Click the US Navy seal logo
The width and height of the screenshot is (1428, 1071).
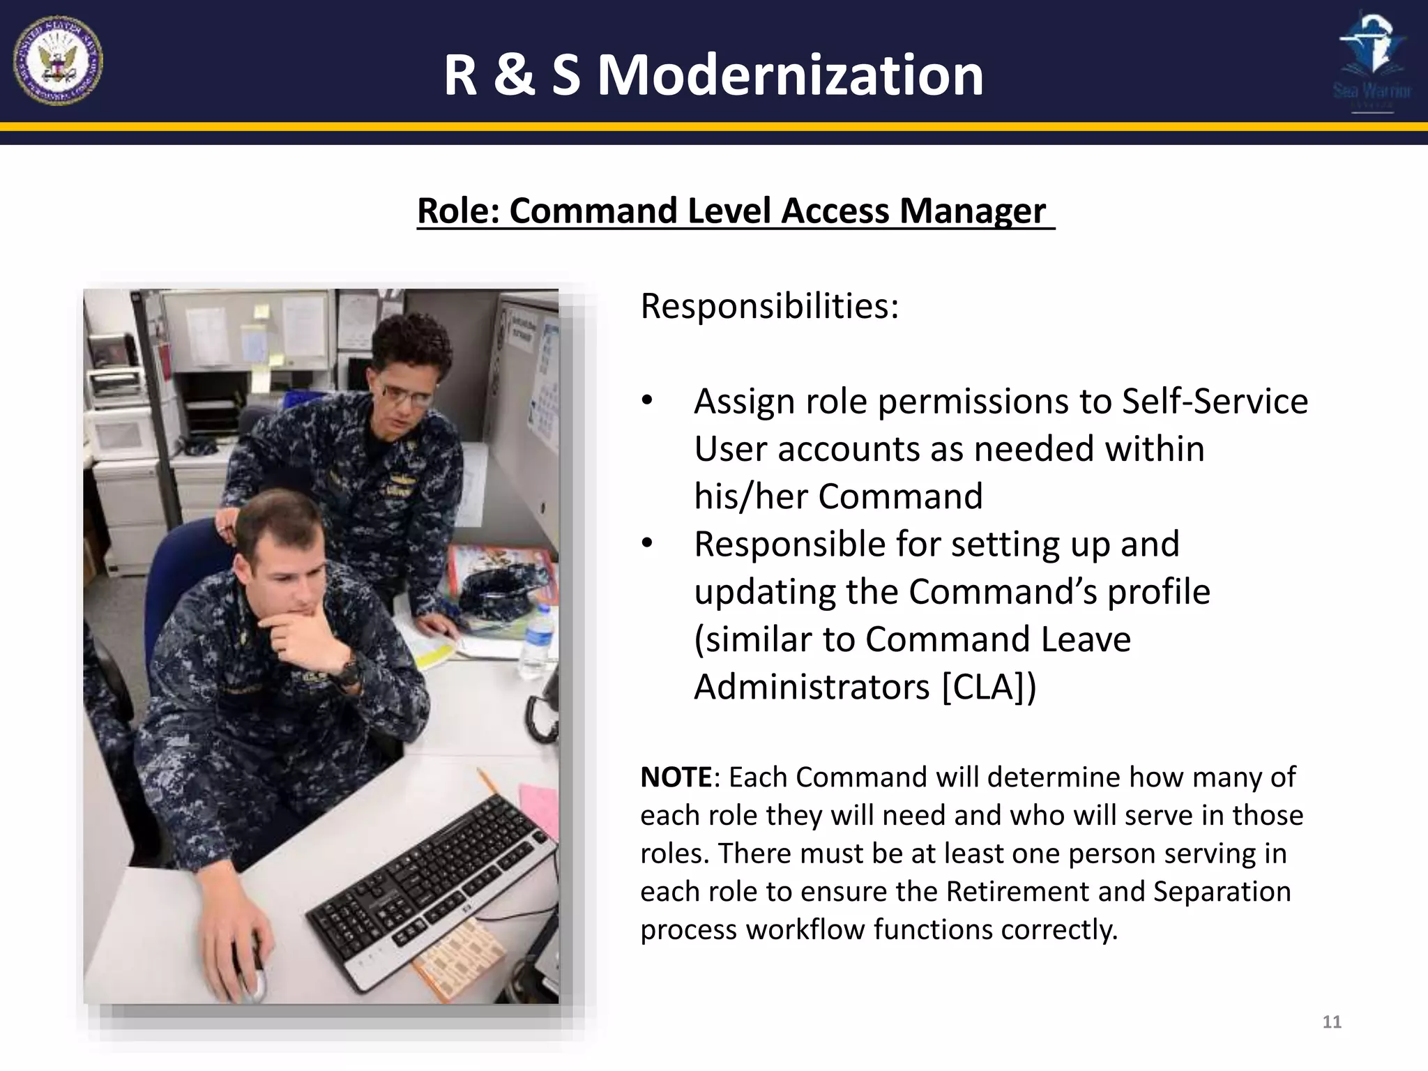coord(58,61)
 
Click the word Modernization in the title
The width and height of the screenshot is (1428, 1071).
coord(790,75)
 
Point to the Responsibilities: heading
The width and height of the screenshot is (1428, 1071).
coord(770,306)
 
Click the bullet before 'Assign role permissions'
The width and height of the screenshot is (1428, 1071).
coord(648,401)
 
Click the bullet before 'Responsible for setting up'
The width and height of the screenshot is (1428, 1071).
coord(648,544)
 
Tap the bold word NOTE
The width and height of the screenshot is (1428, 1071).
coord(676,777)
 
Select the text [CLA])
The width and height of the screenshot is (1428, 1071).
coord(989,688)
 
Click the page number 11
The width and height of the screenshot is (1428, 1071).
coord(1332,1022)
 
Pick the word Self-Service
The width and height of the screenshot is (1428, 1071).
coord(1215,402)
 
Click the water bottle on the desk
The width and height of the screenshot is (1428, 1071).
coord(536,641)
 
